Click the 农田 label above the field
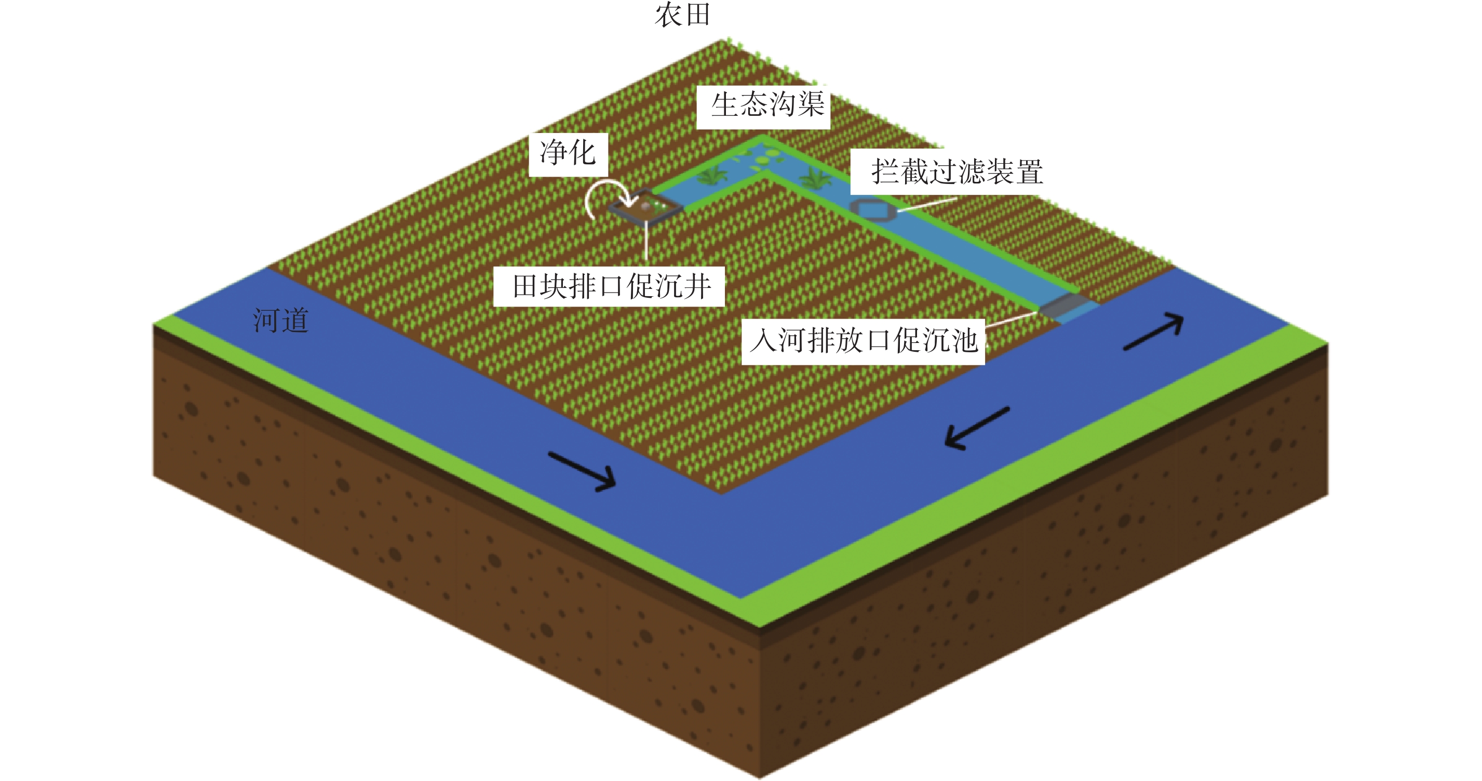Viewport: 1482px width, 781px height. click(683, 15)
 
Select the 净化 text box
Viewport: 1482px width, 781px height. click(568, 154)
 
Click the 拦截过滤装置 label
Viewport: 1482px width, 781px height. click(956, 172)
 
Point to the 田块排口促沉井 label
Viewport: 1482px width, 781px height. click(611, 286)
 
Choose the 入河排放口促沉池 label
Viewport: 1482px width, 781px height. click(864, 341)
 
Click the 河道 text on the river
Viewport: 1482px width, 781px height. click(281, 321)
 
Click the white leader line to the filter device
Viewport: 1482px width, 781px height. click(926, 204)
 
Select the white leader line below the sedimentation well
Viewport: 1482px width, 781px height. click(646, 242)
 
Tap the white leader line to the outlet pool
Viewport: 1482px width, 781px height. click(1013, 320)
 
